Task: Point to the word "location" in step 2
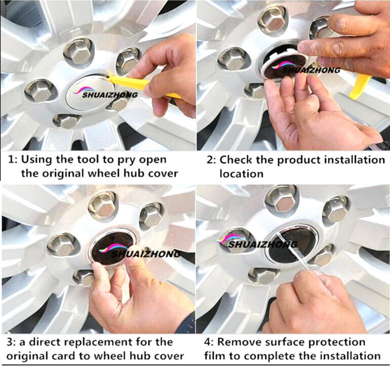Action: coord(241,173)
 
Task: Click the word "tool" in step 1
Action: coord(87,159)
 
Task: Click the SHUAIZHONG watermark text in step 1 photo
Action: coord(110,95)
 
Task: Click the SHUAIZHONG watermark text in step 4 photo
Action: coord(263,245)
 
